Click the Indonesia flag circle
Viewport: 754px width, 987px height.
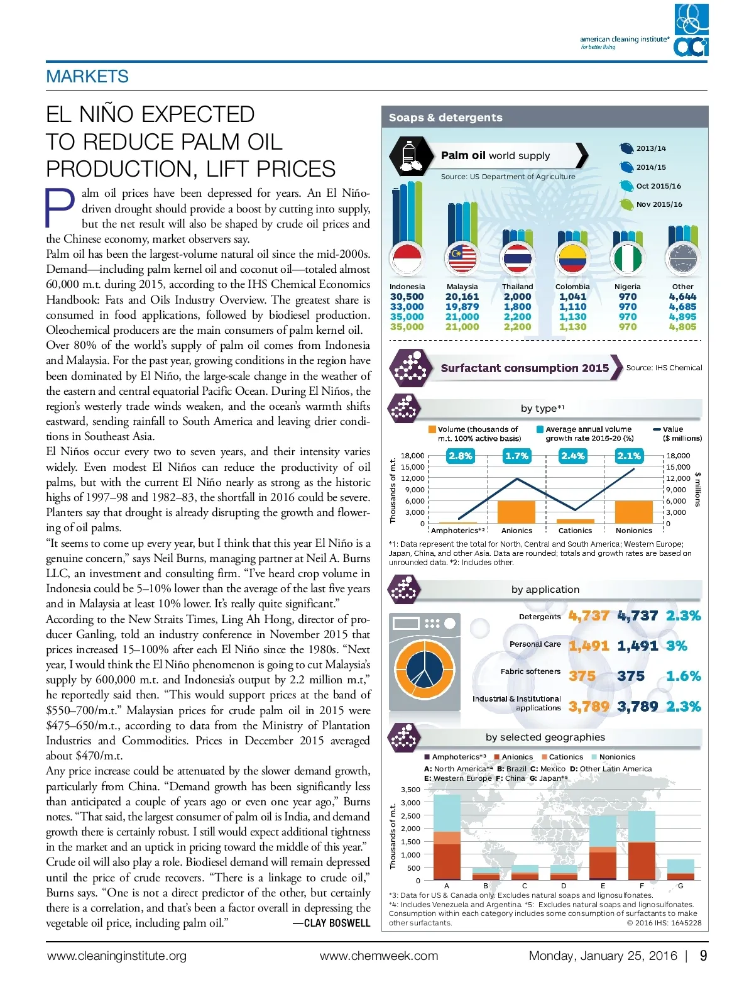pos(407,258)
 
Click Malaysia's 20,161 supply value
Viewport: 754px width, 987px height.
pos(462,297)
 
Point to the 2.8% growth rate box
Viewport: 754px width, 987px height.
pos(460,456)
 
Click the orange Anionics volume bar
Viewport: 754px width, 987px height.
pos(516,512)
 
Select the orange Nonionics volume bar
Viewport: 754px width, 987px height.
pos(633,512)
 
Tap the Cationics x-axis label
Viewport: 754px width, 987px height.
pos(575,531)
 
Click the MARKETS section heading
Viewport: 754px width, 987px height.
pos(87,77)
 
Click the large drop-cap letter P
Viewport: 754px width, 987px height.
pos(60,208)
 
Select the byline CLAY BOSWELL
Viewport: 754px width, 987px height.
pos(332,923)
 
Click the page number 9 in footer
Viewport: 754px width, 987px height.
pos(703,956)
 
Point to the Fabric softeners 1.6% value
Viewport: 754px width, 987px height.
pos(683,676)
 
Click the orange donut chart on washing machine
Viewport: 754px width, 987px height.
pos(424,670)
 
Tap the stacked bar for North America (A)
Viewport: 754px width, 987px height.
pos(447,837)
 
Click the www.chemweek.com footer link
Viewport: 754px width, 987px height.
pos(379,956)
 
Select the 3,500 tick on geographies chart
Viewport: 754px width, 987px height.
pos(410,790)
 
